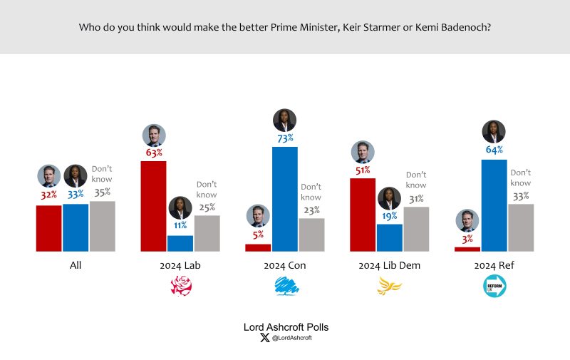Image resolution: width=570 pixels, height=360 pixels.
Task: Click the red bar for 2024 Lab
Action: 153,206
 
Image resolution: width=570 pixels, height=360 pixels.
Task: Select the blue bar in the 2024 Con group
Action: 284,199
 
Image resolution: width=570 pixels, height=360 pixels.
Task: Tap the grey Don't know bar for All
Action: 102,226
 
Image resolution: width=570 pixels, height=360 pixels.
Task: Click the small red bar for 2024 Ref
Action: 467,249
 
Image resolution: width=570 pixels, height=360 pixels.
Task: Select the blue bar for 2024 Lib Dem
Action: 389,237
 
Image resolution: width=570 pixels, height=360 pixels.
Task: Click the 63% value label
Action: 154,152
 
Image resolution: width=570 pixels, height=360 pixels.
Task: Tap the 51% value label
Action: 363,170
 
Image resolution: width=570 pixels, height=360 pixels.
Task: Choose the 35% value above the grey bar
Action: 102,192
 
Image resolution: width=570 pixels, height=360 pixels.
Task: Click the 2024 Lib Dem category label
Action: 389,265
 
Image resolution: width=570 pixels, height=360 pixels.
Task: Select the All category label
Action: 76,265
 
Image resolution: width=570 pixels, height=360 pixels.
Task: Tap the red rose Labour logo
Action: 180,287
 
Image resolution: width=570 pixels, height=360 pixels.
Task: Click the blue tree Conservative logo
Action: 285,287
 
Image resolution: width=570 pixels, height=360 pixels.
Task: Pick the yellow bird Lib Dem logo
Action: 389,287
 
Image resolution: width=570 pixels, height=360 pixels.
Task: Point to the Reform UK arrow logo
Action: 494,287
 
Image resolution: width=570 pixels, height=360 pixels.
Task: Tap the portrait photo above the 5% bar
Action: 258,216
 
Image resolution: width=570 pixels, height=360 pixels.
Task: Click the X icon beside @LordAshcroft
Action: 266,338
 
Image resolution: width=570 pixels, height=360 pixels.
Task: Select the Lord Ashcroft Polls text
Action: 286,326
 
